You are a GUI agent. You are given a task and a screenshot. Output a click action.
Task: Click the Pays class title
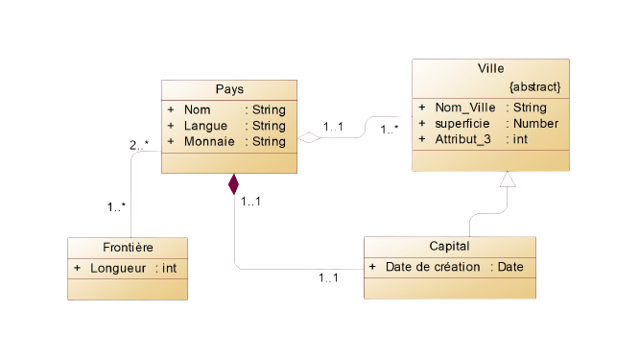229,89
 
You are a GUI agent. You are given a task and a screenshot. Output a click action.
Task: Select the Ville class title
490,69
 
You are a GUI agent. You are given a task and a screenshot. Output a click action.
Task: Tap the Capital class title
449,247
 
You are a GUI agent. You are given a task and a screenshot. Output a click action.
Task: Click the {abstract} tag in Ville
535,87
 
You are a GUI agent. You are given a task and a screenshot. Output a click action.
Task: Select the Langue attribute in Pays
205,126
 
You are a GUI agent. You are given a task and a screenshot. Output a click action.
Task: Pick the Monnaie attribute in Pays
210,142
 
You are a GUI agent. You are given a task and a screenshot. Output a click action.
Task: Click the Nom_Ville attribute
463,108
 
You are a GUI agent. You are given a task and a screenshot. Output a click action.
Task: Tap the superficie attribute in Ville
462,124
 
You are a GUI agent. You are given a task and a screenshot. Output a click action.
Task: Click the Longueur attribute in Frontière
116,268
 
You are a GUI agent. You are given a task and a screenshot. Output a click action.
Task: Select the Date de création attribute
432,267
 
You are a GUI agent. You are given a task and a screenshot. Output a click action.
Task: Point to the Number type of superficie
537,124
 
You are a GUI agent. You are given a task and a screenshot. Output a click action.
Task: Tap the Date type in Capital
510,267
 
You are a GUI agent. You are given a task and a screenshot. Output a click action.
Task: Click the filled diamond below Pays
232,183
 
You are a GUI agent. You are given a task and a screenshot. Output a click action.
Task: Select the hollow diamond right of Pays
308,138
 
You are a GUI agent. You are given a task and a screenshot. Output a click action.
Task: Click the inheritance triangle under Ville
508,181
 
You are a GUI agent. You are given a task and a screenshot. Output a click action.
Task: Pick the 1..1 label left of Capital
327,278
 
